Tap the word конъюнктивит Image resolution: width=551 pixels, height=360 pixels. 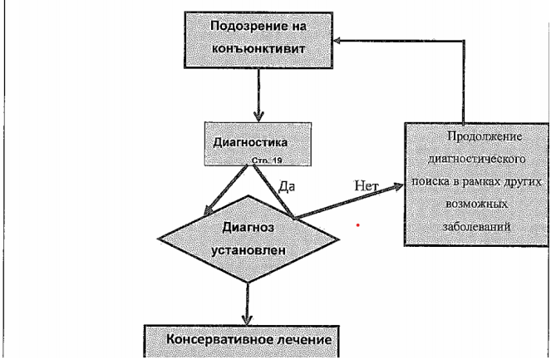258,48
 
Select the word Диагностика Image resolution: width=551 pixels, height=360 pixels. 250,142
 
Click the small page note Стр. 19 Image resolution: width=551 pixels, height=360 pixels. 267,160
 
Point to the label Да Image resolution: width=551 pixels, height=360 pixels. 287,186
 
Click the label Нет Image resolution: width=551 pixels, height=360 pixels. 367,185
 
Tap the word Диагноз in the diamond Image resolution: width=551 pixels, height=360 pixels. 248,228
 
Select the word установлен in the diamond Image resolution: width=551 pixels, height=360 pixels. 248,250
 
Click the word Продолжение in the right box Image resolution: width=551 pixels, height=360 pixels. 485,136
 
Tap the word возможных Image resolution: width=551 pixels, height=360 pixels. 477,204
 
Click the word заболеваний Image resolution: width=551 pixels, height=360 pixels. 476,226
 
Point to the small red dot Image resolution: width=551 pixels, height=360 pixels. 357,225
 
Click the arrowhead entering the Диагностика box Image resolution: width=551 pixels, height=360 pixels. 258,116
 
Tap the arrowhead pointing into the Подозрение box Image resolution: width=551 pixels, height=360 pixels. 337,41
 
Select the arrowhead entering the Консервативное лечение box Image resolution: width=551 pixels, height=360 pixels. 248,319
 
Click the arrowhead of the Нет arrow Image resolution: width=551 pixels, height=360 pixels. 398,187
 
